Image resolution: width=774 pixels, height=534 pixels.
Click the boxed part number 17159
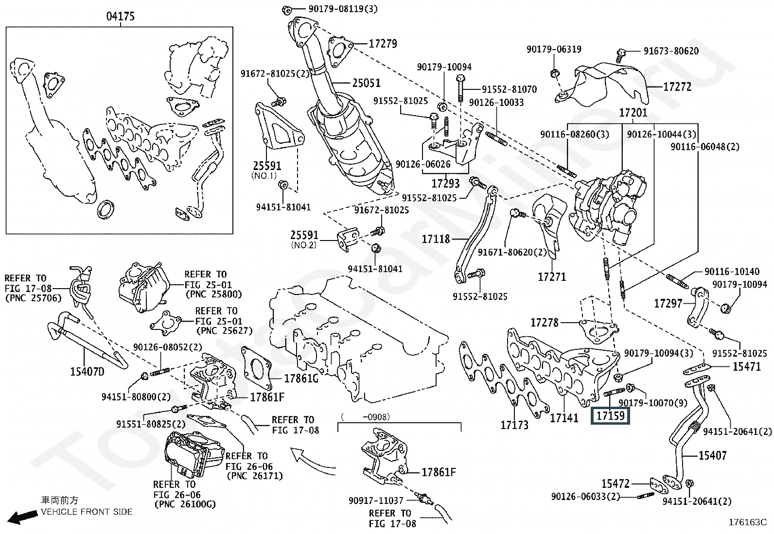[610, 416]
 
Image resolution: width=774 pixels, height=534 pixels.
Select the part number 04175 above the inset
[121, 17]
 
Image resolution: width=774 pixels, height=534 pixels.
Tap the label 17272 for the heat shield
[677, 87]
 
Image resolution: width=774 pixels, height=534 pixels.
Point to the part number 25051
[366, 83]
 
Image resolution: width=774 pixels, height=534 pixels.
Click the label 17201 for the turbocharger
[633, 113]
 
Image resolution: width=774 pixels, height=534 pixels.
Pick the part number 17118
[436, 239]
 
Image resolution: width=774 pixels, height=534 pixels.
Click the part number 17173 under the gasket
[514, 425]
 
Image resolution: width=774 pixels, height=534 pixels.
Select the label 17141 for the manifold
[564, 417]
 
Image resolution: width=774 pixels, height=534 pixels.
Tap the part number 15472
[615, 484]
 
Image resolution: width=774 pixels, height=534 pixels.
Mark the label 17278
[544, 322]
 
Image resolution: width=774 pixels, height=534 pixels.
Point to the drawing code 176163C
[747, 523]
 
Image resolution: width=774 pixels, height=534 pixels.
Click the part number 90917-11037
[376, 500]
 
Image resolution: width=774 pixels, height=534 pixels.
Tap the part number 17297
[668, 303]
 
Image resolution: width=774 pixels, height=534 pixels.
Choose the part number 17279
[383, 44]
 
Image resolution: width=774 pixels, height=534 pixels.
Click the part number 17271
[552, 277]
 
